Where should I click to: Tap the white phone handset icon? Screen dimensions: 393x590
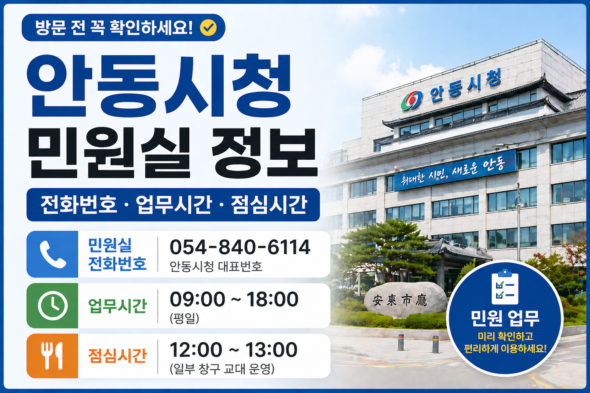53,254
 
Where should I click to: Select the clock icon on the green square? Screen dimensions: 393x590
53,306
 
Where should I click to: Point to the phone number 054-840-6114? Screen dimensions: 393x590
240,247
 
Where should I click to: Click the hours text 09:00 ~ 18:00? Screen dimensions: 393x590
234,299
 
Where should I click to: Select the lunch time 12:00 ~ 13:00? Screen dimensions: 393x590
234,350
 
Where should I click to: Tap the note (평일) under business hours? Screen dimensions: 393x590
184,318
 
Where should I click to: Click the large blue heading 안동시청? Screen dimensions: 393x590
159,86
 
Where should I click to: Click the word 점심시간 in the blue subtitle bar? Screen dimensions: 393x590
268,205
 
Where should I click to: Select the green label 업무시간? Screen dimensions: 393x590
118,306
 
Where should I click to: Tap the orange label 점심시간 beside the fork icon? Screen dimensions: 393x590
118,356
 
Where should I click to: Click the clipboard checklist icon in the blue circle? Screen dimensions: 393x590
505,287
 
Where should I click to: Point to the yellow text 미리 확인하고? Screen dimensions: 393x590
505,337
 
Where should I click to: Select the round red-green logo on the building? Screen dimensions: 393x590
412,101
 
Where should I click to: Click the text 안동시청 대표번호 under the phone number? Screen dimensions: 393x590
216,266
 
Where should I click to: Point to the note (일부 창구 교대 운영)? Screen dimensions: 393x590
222,369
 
